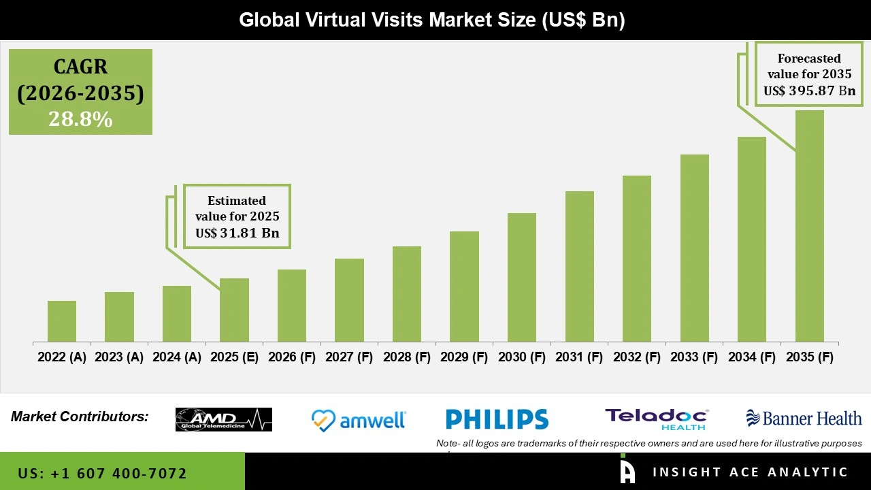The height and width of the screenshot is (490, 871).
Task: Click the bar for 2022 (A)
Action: [62, 321]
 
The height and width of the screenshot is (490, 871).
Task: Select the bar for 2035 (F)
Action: [810, 226]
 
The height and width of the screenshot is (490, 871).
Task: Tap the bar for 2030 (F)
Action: [522, 278]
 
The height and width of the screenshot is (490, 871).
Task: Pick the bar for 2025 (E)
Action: [234, 310]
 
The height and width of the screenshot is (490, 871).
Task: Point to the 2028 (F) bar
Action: [407, 294]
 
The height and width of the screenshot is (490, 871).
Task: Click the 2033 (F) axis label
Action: [695, 357]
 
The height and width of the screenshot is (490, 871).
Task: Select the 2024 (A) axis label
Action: [177, 357]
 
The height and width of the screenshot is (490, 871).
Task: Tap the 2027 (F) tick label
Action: [349, 357]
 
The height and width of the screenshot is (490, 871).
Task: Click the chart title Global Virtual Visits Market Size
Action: [431, 20]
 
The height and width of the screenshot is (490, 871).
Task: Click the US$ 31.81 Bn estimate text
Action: [237, 233]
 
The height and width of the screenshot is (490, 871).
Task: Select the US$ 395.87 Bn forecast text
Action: [809, 91]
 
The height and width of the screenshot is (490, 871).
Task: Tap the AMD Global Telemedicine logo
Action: [224, 419]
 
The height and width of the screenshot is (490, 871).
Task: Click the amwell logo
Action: [359, 420]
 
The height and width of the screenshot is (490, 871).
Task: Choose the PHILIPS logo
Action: [497, 419]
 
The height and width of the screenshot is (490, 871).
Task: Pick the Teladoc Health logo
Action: [657, 419]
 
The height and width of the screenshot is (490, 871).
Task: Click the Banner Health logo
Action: [804, 418]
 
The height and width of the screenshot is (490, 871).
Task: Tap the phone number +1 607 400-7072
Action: [103, 473]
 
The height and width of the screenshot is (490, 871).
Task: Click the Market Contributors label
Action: [80, 416]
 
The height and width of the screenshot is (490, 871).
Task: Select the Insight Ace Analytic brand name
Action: [750, 472]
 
